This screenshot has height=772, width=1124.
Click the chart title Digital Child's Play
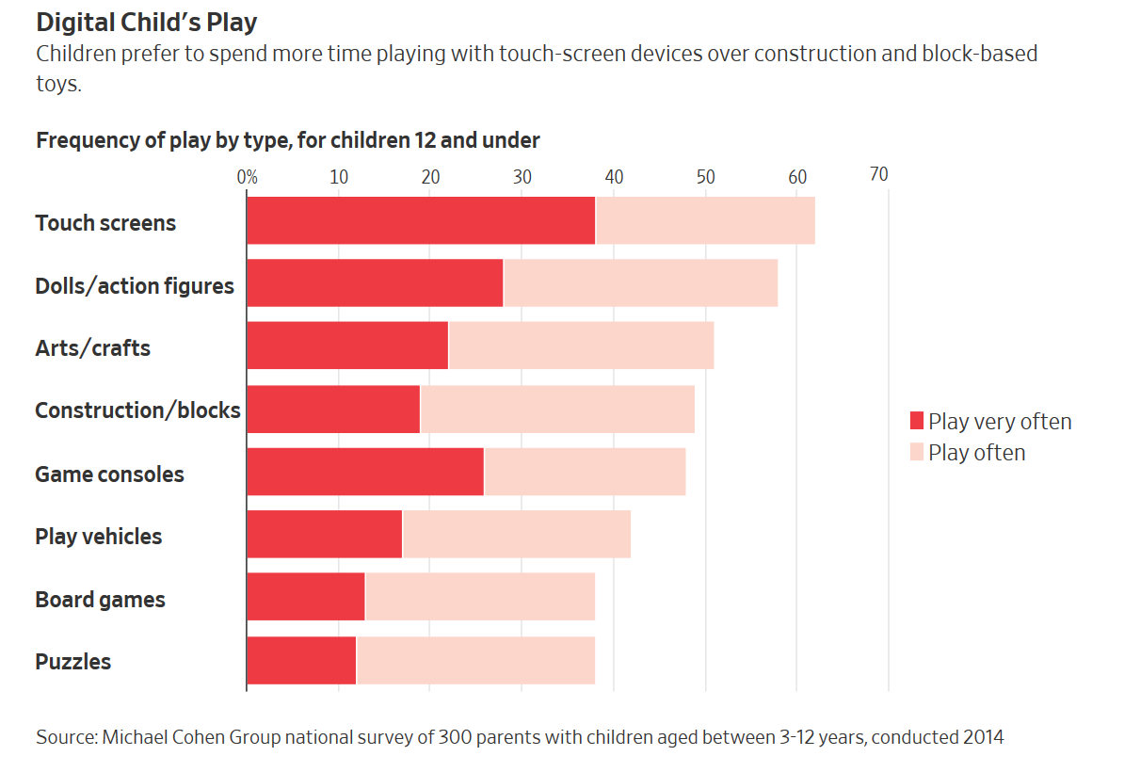pos(146,22)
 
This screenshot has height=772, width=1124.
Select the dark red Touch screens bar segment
pos(421,221)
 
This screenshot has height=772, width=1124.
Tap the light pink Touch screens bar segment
pos(705,221)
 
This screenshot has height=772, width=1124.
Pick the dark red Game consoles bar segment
pos(365,472)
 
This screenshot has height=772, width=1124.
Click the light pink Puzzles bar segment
pos(475,660)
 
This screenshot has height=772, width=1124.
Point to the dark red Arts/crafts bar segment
pos(347,346)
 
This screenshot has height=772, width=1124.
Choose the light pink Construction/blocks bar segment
pos(557,410)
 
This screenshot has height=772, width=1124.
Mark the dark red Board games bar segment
pos(306,597)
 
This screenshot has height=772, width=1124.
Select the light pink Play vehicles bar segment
pos(516,535)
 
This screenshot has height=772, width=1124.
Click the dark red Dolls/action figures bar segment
pos(375,283)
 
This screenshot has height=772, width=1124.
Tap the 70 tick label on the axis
pos(878,175)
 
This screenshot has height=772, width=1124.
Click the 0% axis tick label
pos(247,176)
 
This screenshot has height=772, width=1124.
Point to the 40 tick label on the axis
pos(614,176)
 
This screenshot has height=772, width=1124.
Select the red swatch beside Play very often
pos(917,421)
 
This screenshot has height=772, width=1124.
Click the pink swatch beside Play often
pos(917,452)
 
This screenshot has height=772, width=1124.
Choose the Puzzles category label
pos(73,662)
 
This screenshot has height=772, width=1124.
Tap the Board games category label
pos(100,600)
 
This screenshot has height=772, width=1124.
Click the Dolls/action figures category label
pos(135,286)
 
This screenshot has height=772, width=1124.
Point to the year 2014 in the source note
pos(983,737)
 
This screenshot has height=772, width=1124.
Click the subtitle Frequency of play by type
pos(287,141)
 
